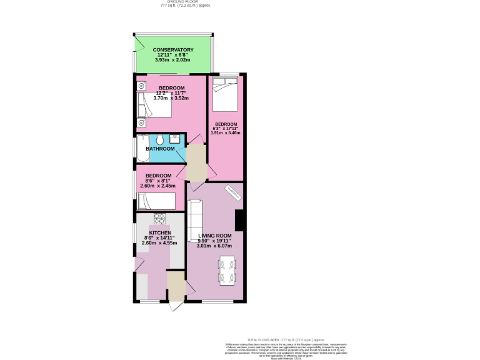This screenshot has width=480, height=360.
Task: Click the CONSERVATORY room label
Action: (172, 50)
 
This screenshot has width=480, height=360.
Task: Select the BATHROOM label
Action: (160, 149)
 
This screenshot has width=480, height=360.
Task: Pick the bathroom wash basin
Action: (176, 137)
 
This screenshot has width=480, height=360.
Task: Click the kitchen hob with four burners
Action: (159, 218)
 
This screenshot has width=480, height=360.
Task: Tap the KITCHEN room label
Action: (159, 232)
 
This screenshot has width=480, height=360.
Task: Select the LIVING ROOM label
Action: (214, 236)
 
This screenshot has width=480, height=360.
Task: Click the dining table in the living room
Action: (227, 270)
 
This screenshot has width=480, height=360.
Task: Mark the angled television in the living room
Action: (234, 193)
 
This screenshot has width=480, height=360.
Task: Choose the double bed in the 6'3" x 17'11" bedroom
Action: (224, 94)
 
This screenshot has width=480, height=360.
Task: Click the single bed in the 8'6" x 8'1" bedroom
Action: (159, 201)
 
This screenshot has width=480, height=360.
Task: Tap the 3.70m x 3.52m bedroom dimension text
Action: (171, 98)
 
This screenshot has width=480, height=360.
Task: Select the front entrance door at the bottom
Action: (176, 306)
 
